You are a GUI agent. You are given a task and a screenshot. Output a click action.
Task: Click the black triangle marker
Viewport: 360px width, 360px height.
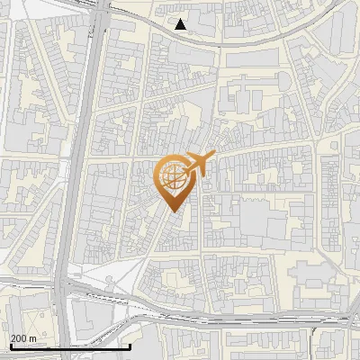click(181, 25)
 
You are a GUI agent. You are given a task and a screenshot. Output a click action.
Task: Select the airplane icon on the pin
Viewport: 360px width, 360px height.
click(197, 163)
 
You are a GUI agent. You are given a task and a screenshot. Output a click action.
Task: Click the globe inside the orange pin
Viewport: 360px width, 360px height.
click(173, 177)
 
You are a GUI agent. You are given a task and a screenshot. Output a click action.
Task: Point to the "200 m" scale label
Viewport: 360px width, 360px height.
click(23, 338)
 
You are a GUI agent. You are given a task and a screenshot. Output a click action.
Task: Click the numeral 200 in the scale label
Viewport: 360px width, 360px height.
click(19, 338)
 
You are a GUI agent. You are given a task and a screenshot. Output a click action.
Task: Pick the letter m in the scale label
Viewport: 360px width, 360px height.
click(33, 338)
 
